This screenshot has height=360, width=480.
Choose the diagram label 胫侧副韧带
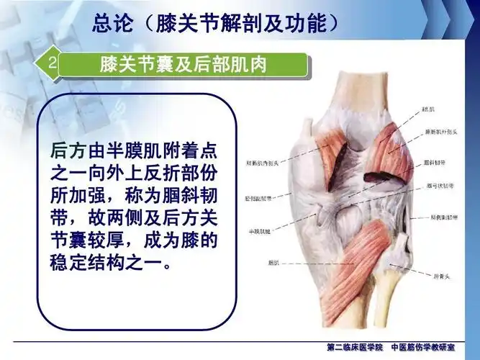pos(261,197)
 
